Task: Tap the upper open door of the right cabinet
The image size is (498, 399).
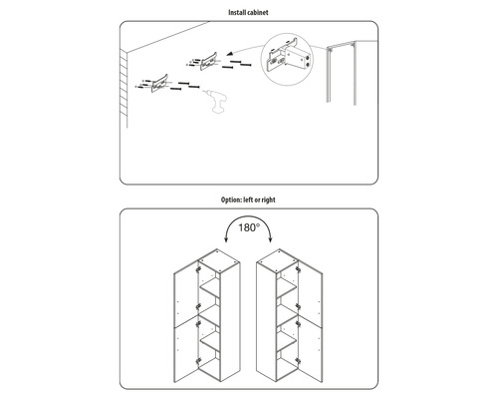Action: (x=313, y=295)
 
